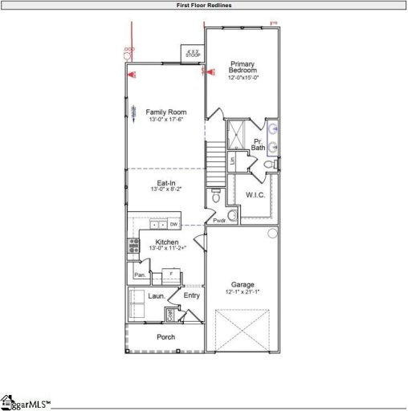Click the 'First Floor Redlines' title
[204, 5]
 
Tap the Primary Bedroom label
[243, 67]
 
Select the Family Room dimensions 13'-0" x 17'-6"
[165, 120]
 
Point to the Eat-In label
[166, 184]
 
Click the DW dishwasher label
[173, 224]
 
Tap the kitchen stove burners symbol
[133, 247]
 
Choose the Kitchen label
[167, 242]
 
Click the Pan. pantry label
[139, 275]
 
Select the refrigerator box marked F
[170, 275]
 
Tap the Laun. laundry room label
[156, 296]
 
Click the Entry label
[191, 295]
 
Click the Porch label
[165, 337]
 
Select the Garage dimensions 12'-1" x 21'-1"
[243, 292]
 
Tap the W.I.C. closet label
[255, 194]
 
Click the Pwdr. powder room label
[218, 221]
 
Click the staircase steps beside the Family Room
[215, 153]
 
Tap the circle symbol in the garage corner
[272, 234]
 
